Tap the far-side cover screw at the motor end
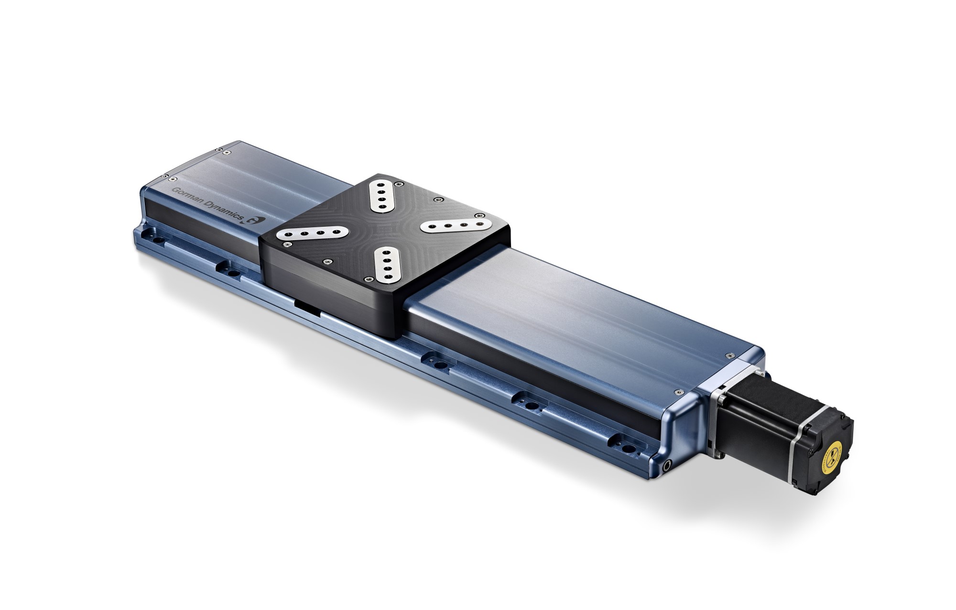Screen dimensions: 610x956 coord(729,355)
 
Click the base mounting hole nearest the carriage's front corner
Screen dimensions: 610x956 coord(441,365)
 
